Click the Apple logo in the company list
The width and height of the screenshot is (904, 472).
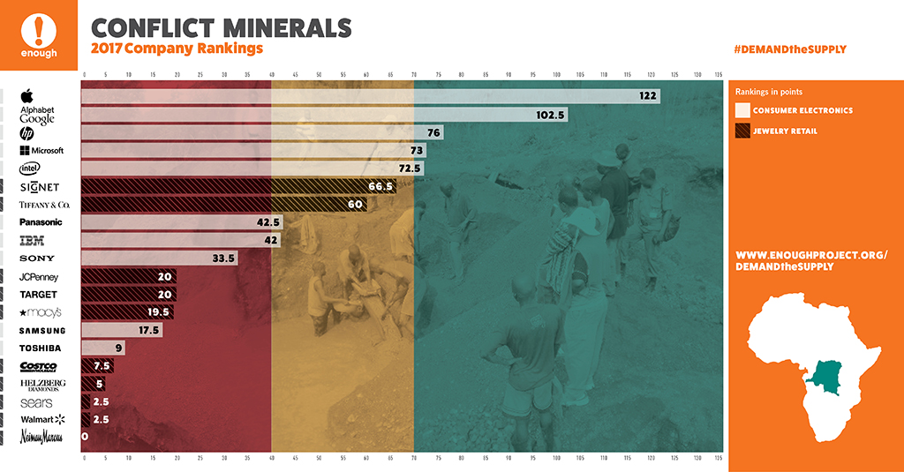pyautogui.click(x=27, y=95)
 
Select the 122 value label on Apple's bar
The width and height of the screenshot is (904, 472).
pyautogui.click(x=648, y=95)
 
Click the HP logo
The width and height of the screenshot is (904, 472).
pyautogui.click(x=27, y=132)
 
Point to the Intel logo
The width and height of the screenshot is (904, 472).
pyautogui.click(x=27, y=168)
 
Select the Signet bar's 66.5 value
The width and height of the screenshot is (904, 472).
pyautogui.click(x=382, y=186)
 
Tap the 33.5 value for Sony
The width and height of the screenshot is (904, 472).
pyautogui.click(x=225, y=258)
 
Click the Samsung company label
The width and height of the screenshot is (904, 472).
pyautogui.click(x=42, y=331)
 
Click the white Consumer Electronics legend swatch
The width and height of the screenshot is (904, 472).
pyautogui.click(x=742, y=110)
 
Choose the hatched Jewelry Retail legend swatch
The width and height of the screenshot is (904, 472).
pyautogui.click(x=742, y=131)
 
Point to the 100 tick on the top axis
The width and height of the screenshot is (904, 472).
pyautogui.click(x=556, y=73)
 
